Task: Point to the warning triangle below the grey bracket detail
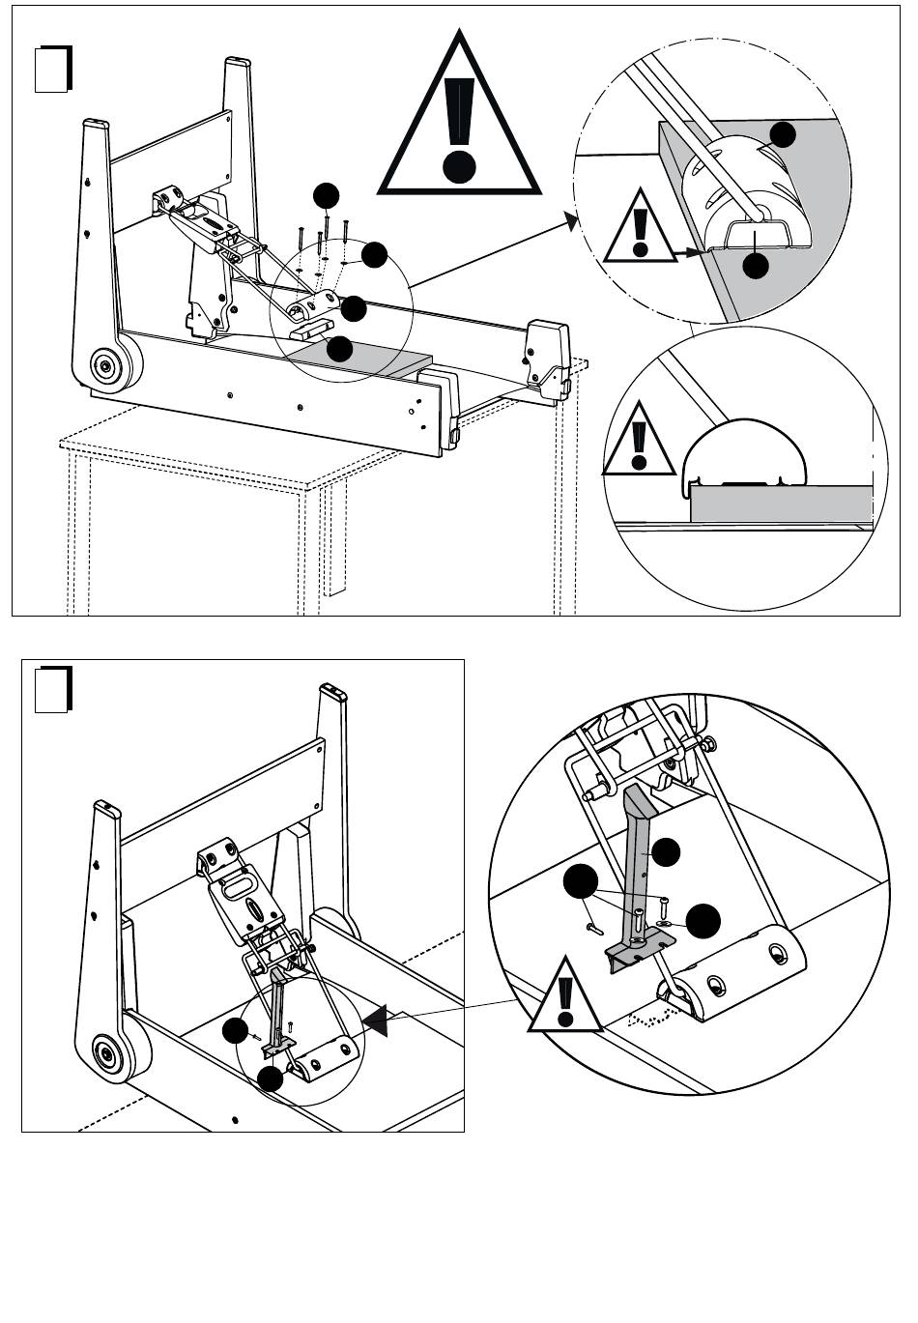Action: (x=564, y=998)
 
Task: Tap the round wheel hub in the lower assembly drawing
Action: (x=104, y=1050)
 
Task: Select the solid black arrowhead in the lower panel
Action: (x=377, y=1020)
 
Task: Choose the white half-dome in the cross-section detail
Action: (x=744, y=454)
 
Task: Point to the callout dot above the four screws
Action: (x=327, y=195)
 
